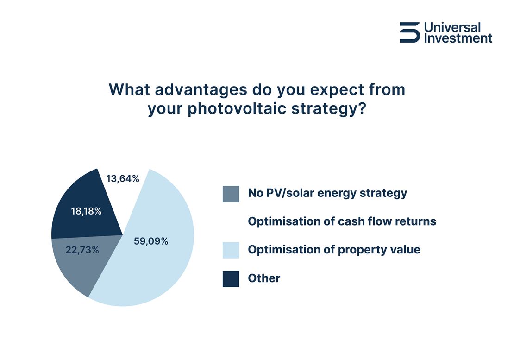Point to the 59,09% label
point(151,241)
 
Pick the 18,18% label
point(86,211)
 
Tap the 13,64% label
point(123,178)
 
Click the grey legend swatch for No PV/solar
point(231,194)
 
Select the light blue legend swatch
point(231,250)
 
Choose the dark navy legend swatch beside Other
point(231,278)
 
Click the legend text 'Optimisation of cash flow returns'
point(342,221)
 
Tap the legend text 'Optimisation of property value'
point(334,250)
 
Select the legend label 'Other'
point(264,278)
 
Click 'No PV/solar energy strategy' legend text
point(327,193)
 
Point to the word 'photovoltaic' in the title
point(240,111)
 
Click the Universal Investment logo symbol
point(409,32)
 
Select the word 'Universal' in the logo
point(452,27)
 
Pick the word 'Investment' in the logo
point(458,38)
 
